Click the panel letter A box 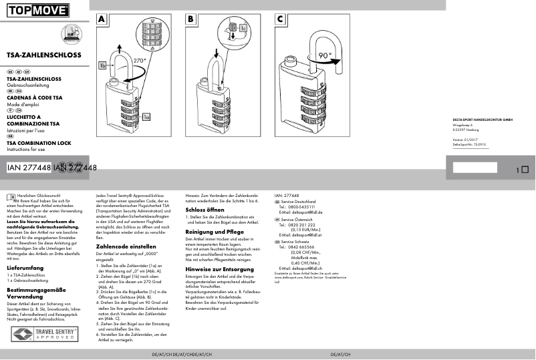pyautogui.click(x=102, y=19)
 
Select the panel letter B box pyautogui.click(x=190, y=19)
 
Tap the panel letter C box pyautogui.click(x=279, y=19)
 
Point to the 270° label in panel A pyautogui.click(x=139, y=60)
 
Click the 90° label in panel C pyautogui.click(x=325, y=55)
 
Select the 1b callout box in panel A pyautogui.click(x=103, y=65)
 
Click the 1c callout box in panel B pyautogui.click(x=243, y=29)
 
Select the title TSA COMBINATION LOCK pyautogui.click(x=39, y=144)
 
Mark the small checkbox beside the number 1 pyautogui.click(x=525, y=170)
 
